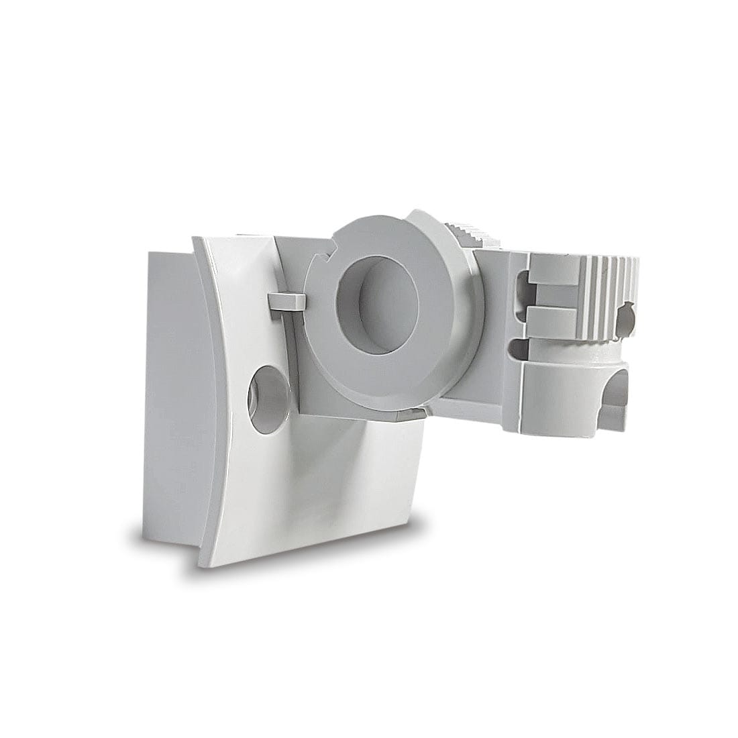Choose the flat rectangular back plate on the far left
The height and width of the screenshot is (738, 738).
point(171,396)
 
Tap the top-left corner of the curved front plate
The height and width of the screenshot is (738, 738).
point(194,238)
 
